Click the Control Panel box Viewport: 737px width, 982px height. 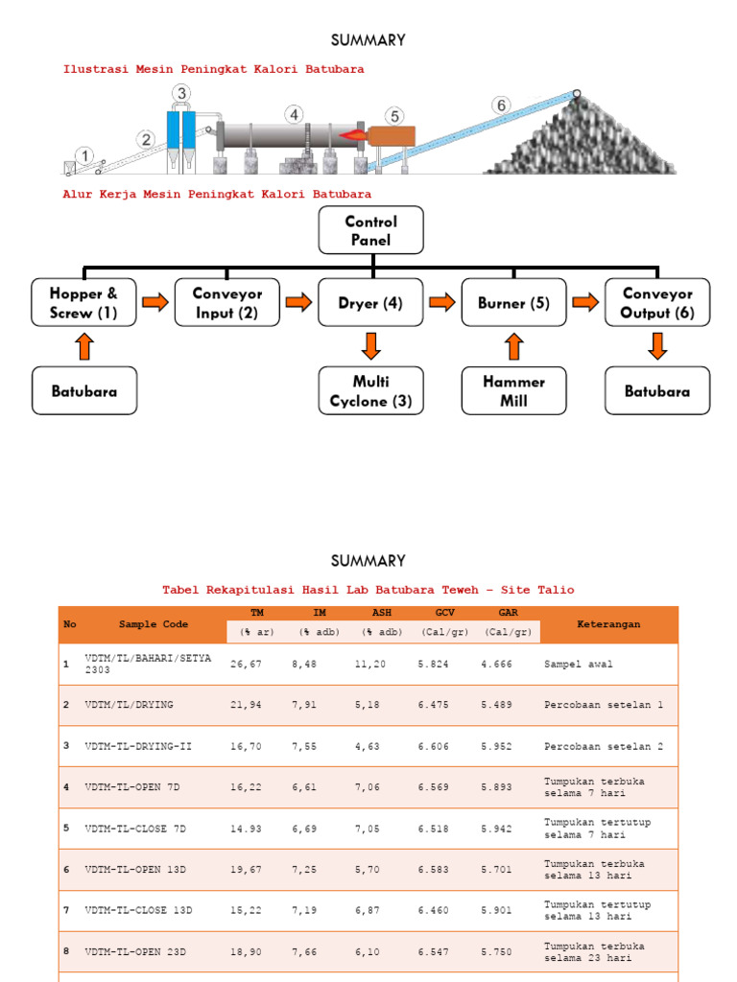tap(370, 231)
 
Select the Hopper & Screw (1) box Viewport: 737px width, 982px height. tap(84, 303)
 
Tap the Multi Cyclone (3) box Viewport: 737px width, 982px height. tap(370, 391)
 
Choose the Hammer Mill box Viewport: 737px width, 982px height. tap(513, 391)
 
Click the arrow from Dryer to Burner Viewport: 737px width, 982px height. tap(442, 303)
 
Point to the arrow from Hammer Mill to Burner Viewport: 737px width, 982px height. tap(514, 346)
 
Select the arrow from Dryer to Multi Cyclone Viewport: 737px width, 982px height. tap(371, 346)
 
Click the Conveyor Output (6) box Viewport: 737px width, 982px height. tap(657, 303)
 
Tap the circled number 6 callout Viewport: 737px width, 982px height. tap(499, 105)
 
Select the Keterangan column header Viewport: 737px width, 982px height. tap(608, 624)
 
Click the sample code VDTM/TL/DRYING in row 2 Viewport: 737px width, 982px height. tap(130, 705)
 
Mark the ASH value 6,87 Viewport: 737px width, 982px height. tap(379, 911)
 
